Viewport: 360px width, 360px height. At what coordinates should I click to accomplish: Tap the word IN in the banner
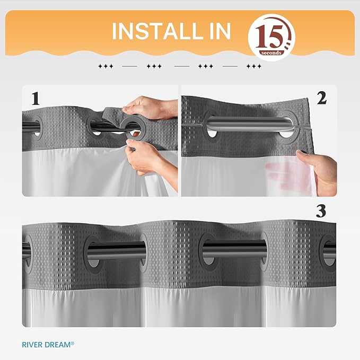(x=217, y=32)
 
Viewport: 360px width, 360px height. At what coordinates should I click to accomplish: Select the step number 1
(x=36, y=99)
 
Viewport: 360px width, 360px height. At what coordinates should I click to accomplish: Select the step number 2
(x=321, y=98)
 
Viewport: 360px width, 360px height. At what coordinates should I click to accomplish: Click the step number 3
(x=321, y=211)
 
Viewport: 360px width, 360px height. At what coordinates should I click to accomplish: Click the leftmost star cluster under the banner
(x=106, y=67)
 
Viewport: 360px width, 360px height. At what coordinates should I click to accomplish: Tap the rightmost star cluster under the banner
(x=254, y=67)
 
